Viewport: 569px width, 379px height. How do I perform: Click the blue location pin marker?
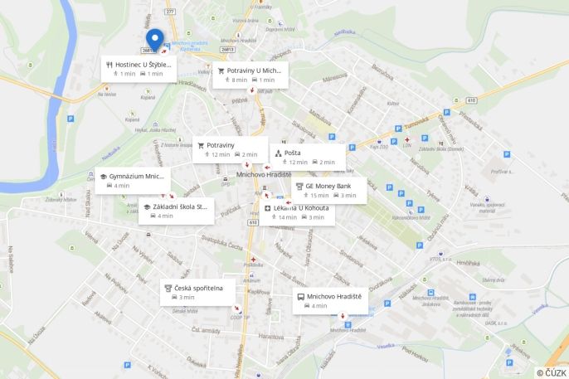pyautogui.click(x=154, y=38)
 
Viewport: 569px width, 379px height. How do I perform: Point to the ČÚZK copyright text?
pyautogui.click(x=551, y=372)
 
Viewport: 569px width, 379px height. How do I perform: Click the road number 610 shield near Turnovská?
pyautogui.click(x=470, y=100)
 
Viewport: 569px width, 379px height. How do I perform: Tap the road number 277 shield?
pyautogui.click(x=170, y=12)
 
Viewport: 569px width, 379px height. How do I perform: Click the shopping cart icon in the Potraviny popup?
pyautogui.click(x=200, y=145)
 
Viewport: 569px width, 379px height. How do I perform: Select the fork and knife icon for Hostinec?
pyautogui.click(x=109, y=64)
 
